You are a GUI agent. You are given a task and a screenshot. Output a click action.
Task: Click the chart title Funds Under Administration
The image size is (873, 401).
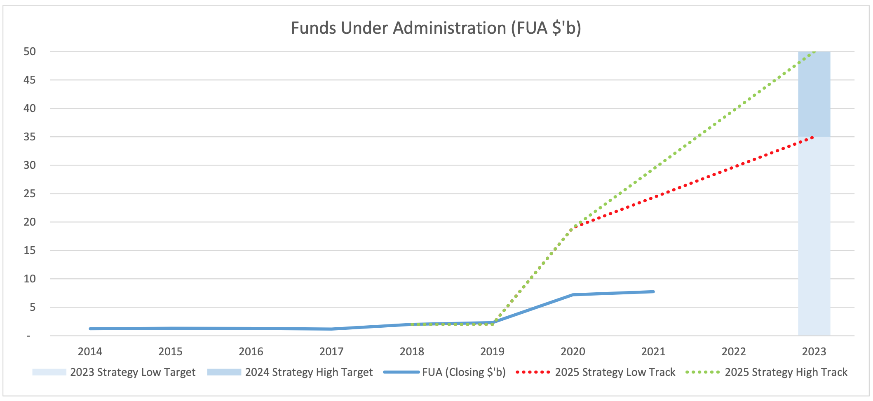coord(436,28)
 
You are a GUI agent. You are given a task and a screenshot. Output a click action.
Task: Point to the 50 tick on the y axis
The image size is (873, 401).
coord(30,51)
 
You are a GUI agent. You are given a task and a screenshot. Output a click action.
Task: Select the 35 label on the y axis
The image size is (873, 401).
coord(30,137)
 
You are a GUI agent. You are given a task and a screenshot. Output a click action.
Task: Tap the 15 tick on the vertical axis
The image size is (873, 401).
coord(30,250)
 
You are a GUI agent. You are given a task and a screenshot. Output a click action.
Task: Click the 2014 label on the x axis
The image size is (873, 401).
coord(90,352)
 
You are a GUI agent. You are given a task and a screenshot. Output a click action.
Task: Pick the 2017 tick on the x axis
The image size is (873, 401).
coord(331,352)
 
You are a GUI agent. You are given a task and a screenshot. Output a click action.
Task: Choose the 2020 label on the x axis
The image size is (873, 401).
coord(573,352)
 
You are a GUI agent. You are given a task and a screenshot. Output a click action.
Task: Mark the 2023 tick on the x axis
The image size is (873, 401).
coord(814,352)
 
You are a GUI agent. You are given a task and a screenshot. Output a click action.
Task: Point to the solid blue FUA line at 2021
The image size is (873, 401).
coord(653,292)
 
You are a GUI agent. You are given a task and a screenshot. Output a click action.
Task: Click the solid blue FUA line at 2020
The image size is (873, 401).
coord(573,295)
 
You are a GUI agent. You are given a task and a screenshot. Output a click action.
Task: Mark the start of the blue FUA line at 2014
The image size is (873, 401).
coord(91,329)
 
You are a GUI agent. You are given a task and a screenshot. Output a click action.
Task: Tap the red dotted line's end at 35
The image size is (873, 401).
coord(812,137)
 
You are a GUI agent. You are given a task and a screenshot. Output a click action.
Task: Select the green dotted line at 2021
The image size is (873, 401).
coord(654,168)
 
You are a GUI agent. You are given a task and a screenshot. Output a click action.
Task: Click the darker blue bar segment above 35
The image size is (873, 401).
coord(814,95)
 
